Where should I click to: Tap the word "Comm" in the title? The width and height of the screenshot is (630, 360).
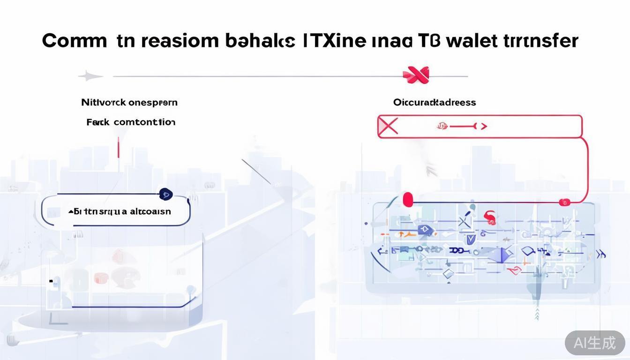pyautogui.click(x=75, y=41)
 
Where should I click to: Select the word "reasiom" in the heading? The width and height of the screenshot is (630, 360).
pyautogui.click(x=180, y=41)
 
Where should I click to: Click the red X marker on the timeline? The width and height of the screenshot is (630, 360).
pyautogui.click(x=416, y=75)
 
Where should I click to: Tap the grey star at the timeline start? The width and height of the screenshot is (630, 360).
pyautogui.click(x=90, y=76)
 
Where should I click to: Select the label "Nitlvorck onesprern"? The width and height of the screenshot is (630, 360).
pyautogui.click(x=129, y=102)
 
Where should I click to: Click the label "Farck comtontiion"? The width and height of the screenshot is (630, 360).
pyautogui.click(x=131, y=122)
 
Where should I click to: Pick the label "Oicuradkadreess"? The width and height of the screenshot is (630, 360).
pyautogui.click(x=435, y=102)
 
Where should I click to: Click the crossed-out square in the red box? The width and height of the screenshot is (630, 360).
pyautogui.click(x=388, y=127)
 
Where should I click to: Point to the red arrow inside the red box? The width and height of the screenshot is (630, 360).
pyautogui.click(x=463, y=126)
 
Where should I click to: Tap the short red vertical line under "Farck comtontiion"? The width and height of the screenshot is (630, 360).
pyautogui.click(x=119, y=147)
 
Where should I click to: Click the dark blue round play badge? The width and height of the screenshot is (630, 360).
pyautogui.click(x=165, y=194)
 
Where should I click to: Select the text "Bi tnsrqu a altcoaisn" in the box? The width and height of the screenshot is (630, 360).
pyautogui.click(x=120, y=211)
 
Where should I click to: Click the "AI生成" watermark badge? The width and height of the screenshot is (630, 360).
pyautogui.click(x=594, y=343)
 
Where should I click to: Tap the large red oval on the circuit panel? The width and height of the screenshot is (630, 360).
pyautogui.click(x=408, y=200)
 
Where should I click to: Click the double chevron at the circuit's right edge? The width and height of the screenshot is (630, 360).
pyautogui.click(x=600, y=255)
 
